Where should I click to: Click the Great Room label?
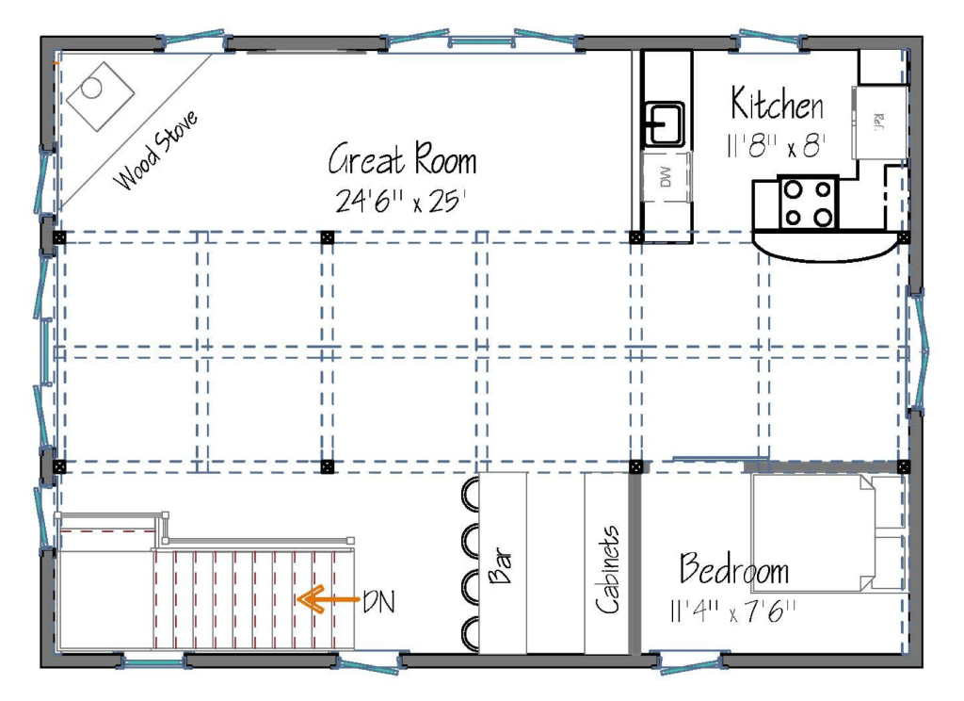click(x=402, y=159)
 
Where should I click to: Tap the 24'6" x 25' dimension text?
click(x=401, y=201)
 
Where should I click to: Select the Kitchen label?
click(x=777, y=104)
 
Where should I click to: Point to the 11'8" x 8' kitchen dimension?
click(x=776, y=146)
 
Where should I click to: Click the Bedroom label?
click(x=734, y=569)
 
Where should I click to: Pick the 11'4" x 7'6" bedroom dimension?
click(x=732, y=611)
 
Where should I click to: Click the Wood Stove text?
click(x=156, y=150)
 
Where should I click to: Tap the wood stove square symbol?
click(x=100, y=96)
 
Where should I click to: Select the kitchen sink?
click(x=664, y=123)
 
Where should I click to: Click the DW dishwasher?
click(x=666, y=177)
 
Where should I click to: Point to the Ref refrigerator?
click(x=879, y=122)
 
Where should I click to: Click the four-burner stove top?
click(x=809, y=203)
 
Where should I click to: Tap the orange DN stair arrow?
click(x=328, y=599)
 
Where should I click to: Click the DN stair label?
click(x=378, y=602)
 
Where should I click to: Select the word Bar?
click(x=501, y=565)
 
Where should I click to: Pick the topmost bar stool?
click(x=471, y=494)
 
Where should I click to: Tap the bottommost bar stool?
click(x=471, y=634)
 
